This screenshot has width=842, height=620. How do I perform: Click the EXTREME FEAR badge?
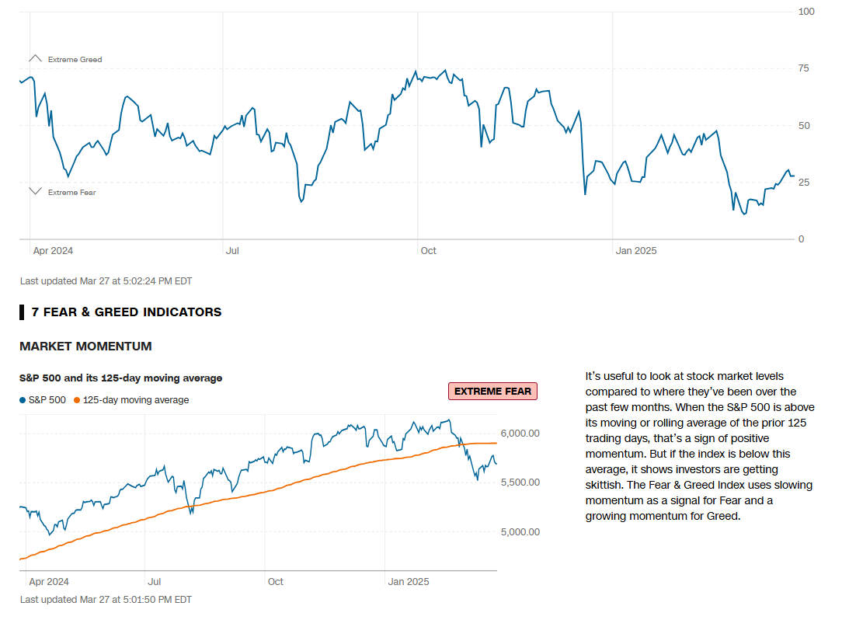coord(492,392)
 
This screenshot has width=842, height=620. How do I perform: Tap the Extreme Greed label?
coord(75,60)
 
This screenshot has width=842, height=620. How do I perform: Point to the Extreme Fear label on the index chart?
coord(71,193)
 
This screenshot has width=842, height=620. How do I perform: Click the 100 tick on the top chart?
coord(805,12)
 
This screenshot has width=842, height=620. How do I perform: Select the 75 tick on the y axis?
coord(804,68)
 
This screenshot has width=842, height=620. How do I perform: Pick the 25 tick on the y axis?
coord(804,183)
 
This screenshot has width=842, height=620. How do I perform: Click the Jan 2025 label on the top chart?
coord(636,251)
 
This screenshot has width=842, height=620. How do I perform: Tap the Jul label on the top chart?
coord(232,251)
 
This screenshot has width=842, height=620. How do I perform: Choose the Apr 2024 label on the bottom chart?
coord(49,582)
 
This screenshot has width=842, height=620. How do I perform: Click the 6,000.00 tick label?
coord(521,433)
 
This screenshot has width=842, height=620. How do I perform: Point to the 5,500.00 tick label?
coord(521,482)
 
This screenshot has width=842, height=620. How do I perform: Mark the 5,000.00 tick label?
coord(521,532)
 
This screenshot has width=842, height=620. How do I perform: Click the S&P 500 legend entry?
coord(44,400)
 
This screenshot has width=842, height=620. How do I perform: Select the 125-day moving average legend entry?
coord(131,400)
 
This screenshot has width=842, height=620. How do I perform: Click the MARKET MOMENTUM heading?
coord(85,347)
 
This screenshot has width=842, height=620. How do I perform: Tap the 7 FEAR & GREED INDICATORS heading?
coord(126,312)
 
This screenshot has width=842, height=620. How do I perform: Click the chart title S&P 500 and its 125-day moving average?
coord(120,378)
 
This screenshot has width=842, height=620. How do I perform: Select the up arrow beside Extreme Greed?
coord(35,58)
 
